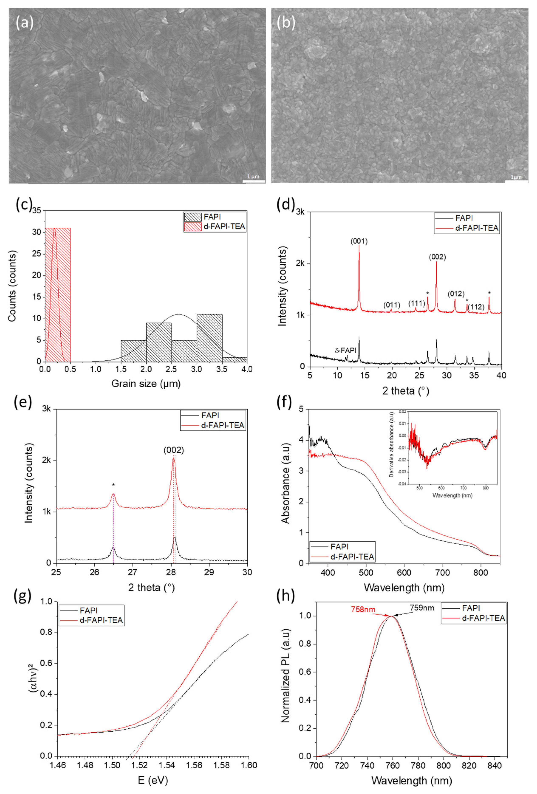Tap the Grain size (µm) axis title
(146, 384)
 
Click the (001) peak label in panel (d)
(359, 241)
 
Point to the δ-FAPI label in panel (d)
(345, 350)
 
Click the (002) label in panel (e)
(174, 450)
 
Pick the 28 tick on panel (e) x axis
(171, 572)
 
